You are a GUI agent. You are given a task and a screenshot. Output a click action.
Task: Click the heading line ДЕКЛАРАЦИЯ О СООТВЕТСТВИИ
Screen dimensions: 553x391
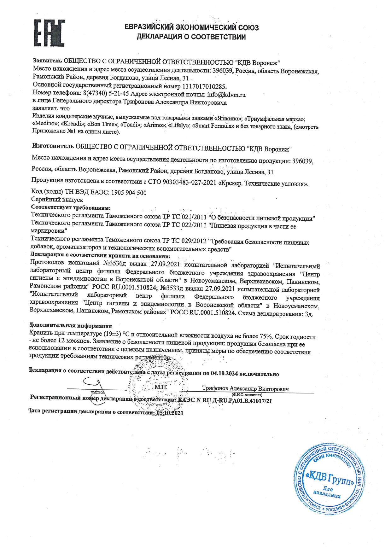point(191,37)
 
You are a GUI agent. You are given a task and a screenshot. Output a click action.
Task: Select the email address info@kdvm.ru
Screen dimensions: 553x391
point(226,95)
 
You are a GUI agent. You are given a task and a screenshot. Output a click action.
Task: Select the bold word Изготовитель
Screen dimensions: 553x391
point(53,146)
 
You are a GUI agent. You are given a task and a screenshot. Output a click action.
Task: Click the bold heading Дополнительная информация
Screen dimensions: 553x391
point(70,325)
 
